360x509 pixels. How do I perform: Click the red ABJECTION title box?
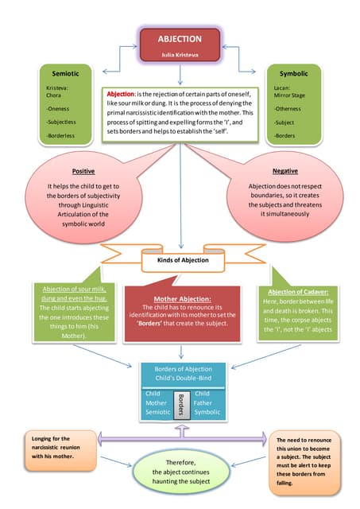(x=180, y=43)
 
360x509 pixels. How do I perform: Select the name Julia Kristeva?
(x=180, y=55)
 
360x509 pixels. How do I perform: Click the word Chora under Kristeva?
(x=55, y=96)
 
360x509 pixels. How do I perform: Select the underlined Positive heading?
(x=83, y=171)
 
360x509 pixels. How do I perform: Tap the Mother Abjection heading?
(x=182, y=298)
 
